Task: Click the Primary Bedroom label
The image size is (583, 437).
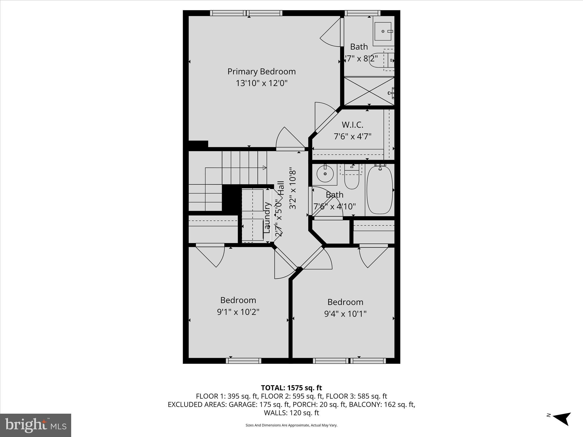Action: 261,71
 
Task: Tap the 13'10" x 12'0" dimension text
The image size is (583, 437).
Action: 261,83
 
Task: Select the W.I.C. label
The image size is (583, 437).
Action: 352,125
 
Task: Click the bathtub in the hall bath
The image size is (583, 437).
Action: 379,190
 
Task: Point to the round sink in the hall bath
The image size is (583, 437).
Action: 325,174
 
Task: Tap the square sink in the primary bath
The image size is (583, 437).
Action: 383,31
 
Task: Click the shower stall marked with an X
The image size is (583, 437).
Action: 369,91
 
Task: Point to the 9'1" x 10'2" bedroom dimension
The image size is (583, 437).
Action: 238,312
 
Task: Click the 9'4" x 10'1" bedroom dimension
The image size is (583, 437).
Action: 345,314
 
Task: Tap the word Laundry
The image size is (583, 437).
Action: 267,217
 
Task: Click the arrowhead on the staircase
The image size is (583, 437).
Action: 265,168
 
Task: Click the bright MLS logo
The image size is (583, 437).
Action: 35,425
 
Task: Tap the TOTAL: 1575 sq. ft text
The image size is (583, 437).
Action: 291,388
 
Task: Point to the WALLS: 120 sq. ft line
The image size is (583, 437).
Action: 291,413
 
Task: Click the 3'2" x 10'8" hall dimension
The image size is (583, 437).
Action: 293,190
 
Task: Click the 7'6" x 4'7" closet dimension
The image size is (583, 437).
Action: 352,137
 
